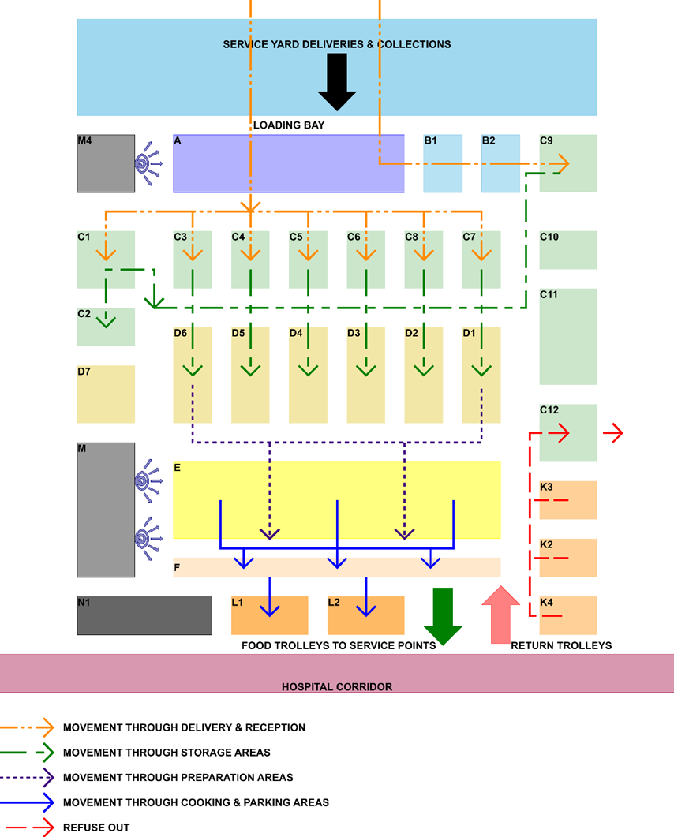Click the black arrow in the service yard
click(337, 81)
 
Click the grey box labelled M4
click(106, 163)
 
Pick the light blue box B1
click(443, 163)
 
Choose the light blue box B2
click(500, 163)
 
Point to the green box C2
click(106, 327)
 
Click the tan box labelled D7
click(106, 394)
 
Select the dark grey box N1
click(144, 615)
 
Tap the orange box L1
click(269, 615)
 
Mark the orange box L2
click(365, 615)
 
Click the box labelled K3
click(568, 500)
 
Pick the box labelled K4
click(568, 615)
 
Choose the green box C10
click(568, 250)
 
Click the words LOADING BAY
click(289, 125)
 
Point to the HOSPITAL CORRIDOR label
click(337, 686)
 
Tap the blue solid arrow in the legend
click(27, 802)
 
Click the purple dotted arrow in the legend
click(27, 777)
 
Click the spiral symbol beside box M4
click(143, 164)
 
